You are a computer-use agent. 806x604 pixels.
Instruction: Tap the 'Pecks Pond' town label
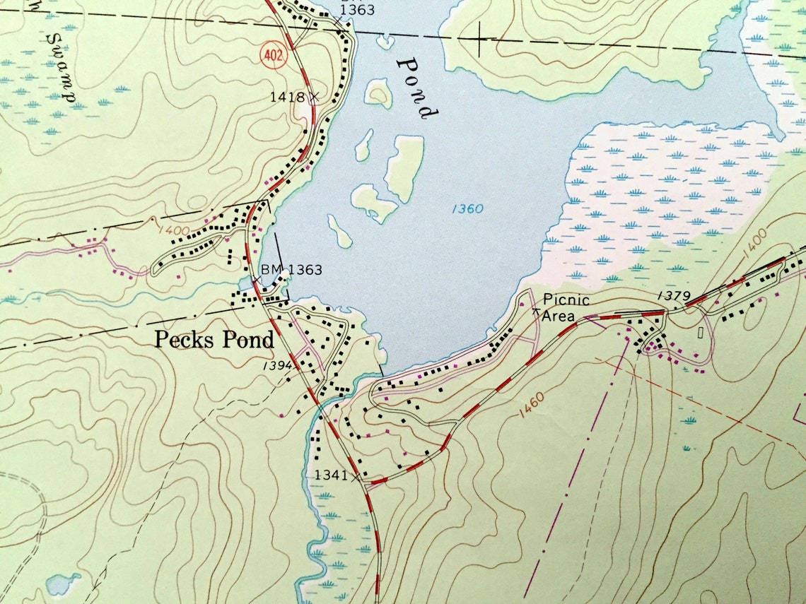(x=214, y=340)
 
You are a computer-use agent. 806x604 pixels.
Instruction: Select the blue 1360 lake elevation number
(x=467, y=208)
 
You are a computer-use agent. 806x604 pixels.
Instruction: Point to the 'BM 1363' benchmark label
(x=291, y=269)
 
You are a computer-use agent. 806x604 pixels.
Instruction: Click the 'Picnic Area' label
(x=566, y=308)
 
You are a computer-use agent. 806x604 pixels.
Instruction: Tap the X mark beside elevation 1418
(x=314, y=96)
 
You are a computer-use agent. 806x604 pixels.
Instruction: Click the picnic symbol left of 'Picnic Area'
(x=535, y=309)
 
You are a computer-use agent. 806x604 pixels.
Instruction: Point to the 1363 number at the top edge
(x=356, y=10)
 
